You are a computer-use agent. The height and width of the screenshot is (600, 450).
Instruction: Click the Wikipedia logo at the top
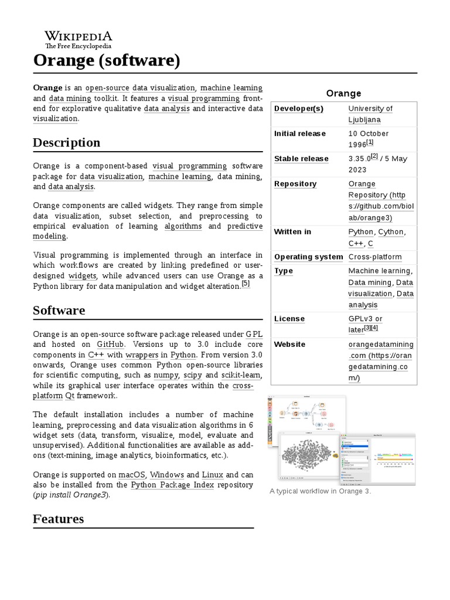[x=79, y=39]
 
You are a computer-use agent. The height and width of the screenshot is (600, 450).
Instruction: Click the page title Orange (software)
[x=106, y=60]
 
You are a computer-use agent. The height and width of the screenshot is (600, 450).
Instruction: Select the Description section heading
[x=66, y=142]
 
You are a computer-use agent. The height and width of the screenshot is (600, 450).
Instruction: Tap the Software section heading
[x=59, y=310]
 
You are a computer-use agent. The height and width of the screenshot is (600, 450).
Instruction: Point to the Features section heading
[x=58, y=519]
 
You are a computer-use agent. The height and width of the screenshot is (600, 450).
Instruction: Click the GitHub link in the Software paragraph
[x=110, y=345]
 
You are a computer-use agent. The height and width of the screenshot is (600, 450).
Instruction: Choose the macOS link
[x=132, y=474]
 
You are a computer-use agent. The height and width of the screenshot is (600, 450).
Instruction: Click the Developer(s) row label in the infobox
[x=298, y=108]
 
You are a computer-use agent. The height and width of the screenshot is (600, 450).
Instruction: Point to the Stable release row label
[x=301, y=159]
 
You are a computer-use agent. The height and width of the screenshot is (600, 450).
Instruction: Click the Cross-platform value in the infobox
[x=375, y=257]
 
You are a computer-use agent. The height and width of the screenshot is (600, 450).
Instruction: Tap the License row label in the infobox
[x=289, y=319]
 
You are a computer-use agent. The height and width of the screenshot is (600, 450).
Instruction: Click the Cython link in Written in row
[x=391, y=231]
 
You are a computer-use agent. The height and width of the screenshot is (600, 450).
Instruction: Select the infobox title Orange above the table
[x=343, y=93]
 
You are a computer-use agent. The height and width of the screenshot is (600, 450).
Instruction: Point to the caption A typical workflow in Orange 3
[x=320, y=491]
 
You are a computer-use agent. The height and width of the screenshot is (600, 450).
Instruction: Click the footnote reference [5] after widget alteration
[x=246, y=284]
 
